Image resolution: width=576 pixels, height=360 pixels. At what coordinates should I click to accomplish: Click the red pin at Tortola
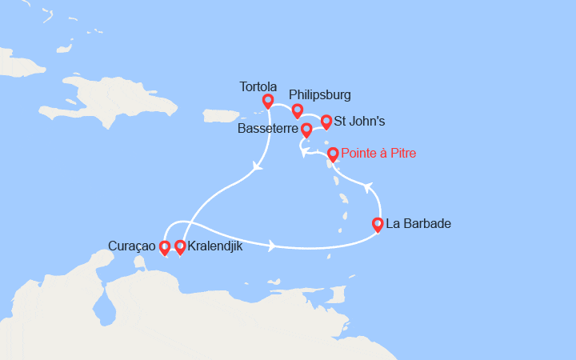click(268, 101)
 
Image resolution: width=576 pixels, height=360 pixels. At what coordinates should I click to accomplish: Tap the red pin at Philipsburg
click(297, 110)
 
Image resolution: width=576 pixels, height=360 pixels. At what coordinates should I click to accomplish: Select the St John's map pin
click(326, 122)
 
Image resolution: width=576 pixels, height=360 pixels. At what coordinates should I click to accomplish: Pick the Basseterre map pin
click(306, 129)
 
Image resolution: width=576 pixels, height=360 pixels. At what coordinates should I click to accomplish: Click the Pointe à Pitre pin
click(332, 154)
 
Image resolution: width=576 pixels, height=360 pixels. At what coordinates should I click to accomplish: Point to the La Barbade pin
click(378, 225)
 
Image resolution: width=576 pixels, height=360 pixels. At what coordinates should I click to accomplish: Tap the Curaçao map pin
click(165, 247)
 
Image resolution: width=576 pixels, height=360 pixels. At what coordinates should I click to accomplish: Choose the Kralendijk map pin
click(180, 247)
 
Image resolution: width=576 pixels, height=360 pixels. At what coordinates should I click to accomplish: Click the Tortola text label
click(258, 86)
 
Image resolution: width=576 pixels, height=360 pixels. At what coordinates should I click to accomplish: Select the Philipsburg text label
click(319, 95)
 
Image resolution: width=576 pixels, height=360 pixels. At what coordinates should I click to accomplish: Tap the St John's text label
click(359, 122)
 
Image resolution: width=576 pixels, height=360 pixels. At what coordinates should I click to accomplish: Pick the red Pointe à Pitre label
click(378, 153)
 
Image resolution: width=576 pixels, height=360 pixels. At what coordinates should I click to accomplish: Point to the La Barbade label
click(418, 224)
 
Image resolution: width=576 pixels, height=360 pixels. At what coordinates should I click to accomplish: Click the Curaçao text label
click(132, 246)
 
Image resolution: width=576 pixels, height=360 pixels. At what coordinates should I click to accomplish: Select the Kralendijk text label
click(214, 247)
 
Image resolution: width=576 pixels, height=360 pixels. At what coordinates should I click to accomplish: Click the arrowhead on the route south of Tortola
click(258, 167)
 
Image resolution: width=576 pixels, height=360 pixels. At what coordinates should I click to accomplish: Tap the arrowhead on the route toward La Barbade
click(272, 246)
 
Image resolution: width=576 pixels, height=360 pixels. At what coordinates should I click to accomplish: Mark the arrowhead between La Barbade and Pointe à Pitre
click(369, 186)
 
